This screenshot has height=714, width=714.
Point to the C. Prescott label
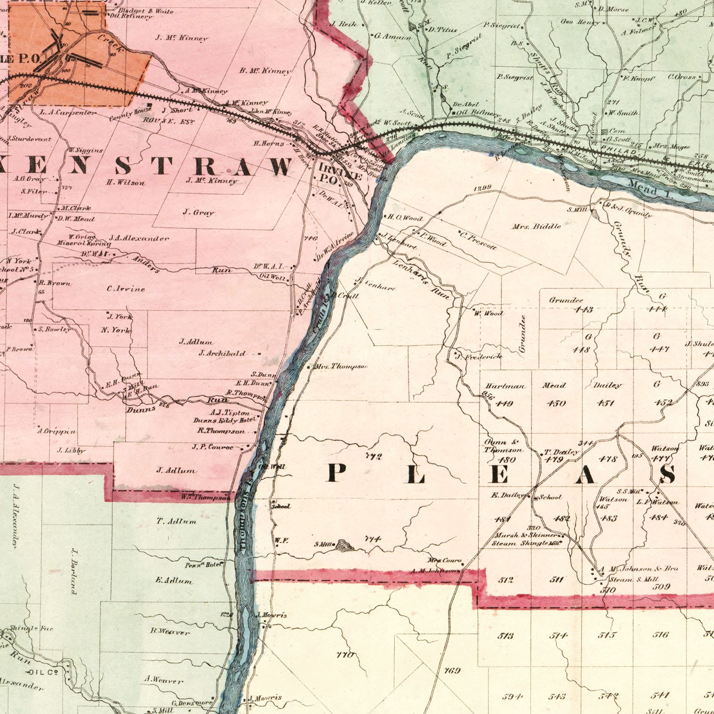click(478, 240)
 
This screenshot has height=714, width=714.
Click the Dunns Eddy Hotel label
click(225, 420)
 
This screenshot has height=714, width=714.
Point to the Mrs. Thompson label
click(342, 366)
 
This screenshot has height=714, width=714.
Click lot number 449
click(504, 404)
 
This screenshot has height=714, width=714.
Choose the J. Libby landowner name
click(71, 450)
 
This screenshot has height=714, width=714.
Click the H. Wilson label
click(126, 182)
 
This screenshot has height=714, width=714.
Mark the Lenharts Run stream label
click(421, 281)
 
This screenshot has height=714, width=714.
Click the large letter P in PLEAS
click(337, 474)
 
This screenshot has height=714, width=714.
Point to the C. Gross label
click(682, 77)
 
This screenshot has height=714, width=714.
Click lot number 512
click(506, 580)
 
